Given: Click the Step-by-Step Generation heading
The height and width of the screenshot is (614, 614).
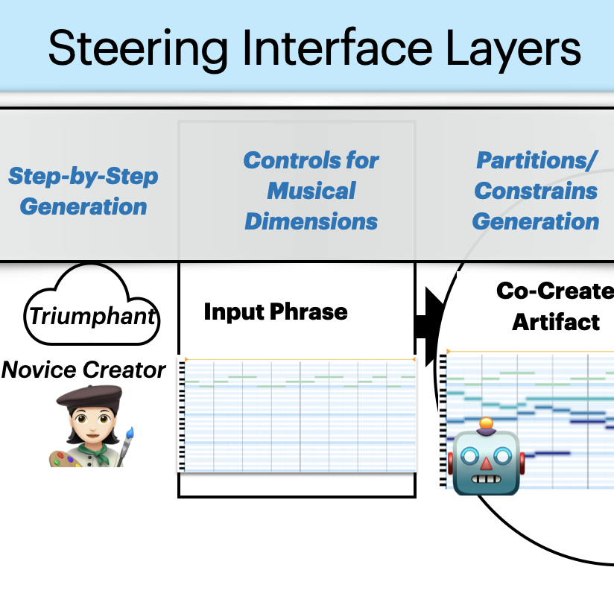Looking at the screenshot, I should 83,191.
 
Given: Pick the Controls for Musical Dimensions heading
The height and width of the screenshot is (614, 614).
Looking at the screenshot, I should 311,191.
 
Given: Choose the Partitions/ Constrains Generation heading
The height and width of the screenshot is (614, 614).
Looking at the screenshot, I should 536,191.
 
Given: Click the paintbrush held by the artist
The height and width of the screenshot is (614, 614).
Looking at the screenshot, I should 128,440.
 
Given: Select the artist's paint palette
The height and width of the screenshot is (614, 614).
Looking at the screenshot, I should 66,455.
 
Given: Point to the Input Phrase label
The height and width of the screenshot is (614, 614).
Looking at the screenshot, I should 276,311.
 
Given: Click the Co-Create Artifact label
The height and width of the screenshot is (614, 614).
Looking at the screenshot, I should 556,306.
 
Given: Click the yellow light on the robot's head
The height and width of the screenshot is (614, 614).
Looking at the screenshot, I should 487,425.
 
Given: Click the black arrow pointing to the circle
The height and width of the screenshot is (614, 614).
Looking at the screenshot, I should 426,326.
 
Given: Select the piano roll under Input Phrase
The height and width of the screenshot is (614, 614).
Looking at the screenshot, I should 297,414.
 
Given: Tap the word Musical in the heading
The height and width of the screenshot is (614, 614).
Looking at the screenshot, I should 311,191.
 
